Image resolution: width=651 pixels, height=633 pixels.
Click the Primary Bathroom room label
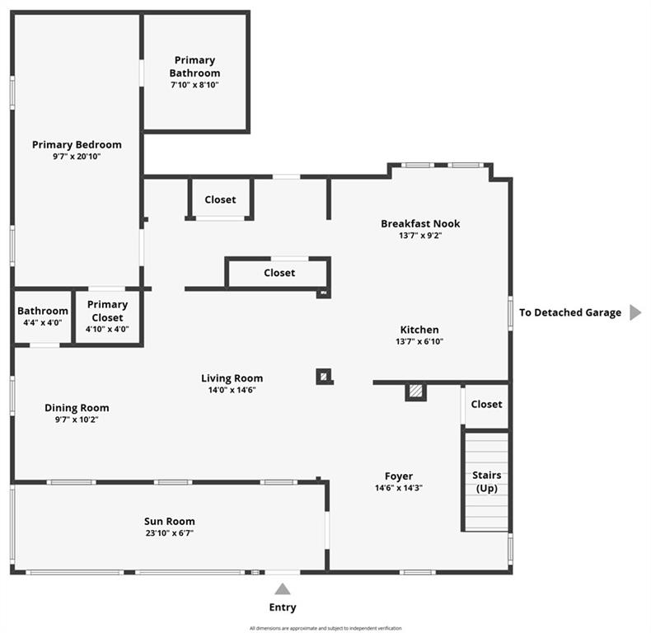[194, 66]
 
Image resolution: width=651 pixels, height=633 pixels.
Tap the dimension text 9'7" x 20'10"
[77, 157]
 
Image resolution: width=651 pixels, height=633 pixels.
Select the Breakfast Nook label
[420, 223]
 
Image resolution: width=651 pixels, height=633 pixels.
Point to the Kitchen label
[419, 330]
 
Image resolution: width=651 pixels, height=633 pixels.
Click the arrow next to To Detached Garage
[635, 312]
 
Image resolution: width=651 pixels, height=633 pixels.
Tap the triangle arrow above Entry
[283, 588]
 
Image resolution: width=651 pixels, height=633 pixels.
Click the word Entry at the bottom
[283, 607]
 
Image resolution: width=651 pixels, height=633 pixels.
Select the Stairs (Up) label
[486, 482]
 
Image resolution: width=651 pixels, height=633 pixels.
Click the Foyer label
[399, 476]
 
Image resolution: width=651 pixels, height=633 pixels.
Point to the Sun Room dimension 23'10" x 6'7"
[170, 533]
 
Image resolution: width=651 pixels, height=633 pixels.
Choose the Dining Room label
[77, 407]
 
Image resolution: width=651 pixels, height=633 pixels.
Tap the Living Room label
[232, 378]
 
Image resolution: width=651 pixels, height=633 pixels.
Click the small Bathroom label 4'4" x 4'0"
[43, 316]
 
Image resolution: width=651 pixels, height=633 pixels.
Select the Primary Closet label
[107, 311]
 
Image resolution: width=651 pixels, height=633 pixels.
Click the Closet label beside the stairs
[486, 404]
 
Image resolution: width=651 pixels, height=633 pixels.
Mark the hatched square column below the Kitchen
[416, 392]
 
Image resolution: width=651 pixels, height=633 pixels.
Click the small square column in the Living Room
[324, 377]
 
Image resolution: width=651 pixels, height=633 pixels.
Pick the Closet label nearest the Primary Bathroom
[220, 199]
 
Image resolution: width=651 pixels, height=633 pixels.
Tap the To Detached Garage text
[570, 312]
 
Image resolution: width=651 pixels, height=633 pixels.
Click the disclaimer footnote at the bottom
[325, 628]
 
